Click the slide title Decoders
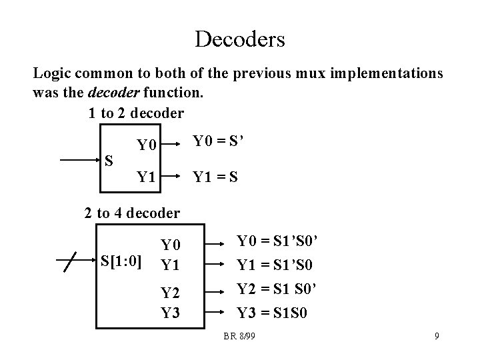point(240,38)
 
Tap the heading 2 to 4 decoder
point(132,213)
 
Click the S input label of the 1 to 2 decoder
point(109,161)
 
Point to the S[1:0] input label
point(121,259)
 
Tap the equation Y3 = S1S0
point(273,313)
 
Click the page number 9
point(437,337)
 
